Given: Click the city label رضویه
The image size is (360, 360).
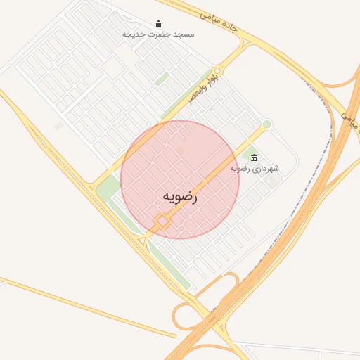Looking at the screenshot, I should click(180, 197).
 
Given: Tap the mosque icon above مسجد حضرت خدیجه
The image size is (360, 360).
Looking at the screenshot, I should click(157, 23).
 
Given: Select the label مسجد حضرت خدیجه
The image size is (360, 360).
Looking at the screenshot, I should click(157, 34).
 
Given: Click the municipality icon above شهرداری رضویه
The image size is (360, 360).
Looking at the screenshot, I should click(254, 157).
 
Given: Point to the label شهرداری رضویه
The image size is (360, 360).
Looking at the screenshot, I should click(254, 169).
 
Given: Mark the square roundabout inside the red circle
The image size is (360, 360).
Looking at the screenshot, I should click(162, 221).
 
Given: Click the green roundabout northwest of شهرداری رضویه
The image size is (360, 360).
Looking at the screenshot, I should click(266, 125).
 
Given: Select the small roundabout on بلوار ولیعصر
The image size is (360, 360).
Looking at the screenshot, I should click(217, 71).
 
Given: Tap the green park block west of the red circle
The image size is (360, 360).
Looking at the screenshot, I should click(108, 188).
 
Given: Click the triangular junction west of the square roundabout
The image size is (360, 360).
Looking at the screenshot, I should click(143, 240).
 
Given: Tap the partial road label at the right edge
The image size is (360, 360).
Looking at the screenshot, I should click(350, 116).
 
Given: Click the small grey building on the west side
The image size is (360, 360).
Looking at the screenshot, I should click(58, 125).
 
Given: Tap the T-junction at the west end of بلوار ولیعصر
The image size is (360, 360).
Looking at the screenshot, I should click(93, 184).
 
